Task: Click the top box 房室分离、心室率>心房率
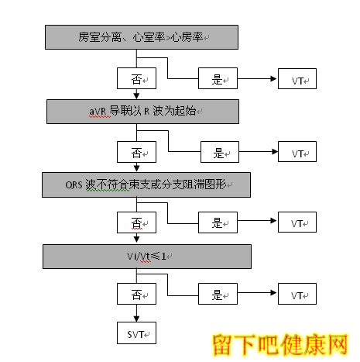tap(142, 37)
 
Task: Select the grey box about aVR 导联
tap(142, 112)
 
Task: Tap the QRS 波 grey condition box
tap(146, 185)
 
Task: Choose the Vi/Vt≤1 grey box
tap(147, 257)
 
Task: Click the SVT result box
tap(136, 333)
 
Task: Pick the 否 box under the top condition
tap(136, 78)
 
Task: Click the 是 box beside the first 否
tap(218, 78)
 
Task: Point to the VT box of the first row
tap(297, 78)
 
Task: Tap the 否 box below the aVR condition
tap(136, 152)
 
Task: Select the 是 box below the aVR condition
tap(220, 152)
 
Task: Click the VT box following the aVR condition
tap(297, 152)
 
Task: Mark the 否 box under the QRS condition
tap(136, 222)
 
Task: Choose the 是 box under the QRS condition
tap(218, 222)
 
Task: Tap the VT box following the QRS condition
tap(297, 222)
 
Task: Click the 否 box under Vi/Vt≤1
tap(136, 294)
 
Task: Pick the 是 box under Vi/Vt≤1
tap(218, 294)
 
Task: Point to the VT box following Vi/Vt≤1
tap(297, 294)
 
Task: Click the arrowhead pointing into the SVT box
tap(136, 319)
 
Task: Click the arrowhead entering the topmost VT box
tap(273, 78)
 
